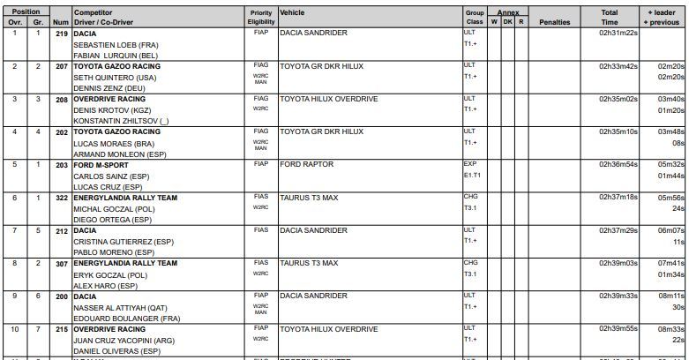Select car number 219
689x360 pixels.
[60, 33]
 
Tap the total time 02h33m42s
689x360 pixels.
[618, 66]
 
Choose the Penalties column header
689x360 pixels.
[555, 22]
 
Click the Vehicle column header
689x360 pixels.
[292, 13]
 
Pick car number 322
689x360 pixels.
[60, 197]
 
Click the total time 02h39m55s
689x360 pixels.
[618, 328]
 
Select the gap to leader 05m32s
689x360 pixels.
[671, 164]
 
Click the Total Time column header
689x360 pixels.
[610, 18]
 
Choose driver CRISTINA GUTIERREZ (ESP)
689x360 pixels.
[123, 241]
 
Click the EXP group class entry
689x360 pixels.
[469, 164]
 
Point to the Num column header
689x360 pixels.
[60, 22]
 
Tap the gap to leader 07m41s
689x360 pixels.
[671, 263]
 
